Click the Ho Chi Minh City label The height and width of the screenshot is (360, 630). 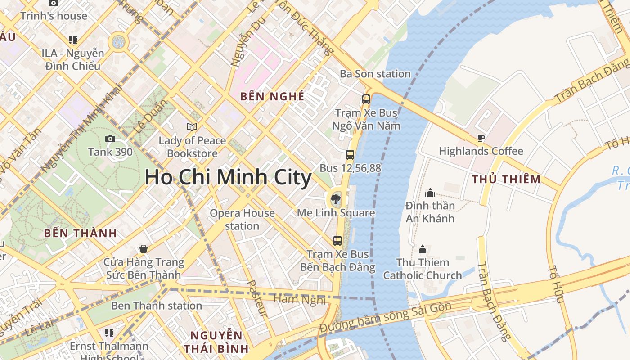[x=228, y=177]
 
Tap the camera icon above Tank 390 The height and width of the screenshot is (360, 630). [x=110, y=139]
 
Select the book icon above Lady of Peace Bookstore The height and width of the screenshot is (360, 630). [x=192, y=127]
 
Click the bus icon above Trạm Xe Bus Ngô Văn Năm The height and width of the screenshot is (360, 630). [x=366, y=99]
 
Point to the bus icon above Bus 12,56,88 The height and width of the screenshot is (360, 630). [x=350, y=155]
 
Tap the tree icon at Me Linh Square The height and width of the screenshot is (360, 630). [x=335, y=198]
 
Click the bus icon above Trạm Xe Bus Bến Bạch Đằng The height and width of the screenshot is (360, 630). [x=337, y=241]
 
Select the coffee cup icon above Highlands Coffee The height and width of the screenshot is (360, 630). [x=481, y=138]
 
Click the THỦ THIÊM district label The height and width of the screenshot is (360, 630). [x=506, y=179]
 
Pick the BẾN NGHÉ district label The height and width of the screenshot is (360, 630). [x=272, y=96]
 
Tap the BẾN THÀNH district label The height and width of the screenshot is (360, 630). [x=81, y=233]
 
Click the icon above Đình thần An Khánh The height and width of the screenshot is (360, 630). [x=430, y=193]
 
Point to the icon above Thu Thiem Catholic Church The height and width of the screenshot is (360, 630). [x=423, y=249]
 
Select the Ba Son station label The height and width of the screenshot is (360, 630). [x=375, y=74]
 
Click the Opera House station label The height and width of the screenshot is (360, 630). [x=242, y=219]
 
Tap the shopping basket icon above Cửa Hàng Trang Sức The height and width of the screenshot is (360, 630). [x=144, y=249]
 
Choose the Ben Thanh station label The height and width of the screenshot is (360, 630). [x=156, y=306]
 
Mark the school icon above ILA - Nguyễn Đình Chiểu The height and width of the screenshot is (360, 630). [x=72, y=40]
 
